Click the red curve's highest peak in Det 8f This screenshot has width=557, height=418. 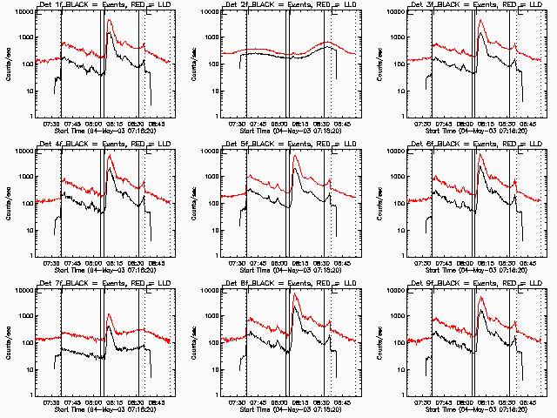pos(296,295)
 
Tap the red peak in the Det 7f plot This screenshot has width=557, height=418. pos(109,315)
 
